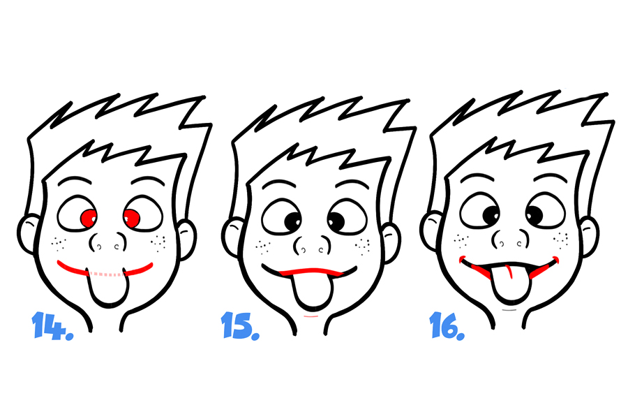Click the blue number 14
tap(52, 325)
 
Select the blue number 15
tap(240, 325)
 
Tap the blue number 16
tap(447, 326)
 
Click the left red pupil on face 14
tap(89, 218)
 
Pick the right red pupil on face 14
tap(131, 219)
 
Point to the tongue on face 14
tap(107, 288)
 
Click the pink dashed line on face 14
tap(107, 274)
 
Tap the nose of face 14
tap(107, 242)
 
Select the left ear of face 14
tap(29, 235)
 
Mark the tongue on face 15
tap(313, 291)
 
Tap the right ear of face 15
tap(391, 243)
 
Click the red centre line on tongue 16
tap(509, 271)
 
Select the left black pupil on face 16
tap(491, 215)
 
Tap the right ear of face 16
tap(590, 237)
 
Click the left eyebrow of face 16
tap(477, 177)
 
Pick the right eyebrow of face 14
tap(148, 180)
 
